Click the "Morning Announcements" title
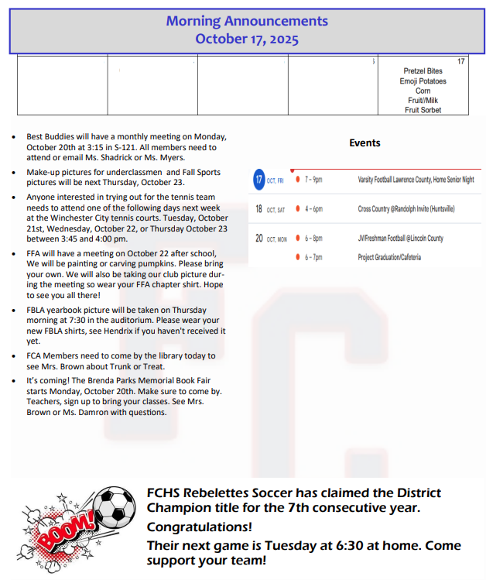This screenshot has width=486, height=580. pyautogui.click(x=246, y=22)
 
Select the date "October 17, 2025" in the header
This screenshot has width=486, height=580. pyautogui.click(x=246, y=39)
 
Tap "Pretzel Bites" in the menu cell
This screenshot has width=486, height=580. pyautogui.click(x=424, y=71)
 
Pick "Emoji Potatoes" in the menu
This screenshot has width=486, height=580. pyautogui.click(x=423, y=81)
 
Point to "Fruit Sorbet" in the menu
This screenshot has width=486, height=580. pyautogui.click(x=423, y=111)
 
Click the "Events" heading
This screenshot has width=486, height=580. pyautogui.click(x=364, y=142)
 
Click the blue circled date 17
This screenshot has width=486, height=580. pyautogui.click(x=259, y=180)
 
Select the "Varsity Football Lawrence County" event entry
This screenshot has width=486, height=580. pyautogui.click(x=416, y=180)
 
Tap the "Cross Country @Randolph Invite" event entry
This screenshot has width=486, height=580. pyautogui.click(x=406, y=209)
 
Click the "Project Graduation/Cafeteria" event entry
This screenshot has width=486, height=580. pyautogui.click(x=389, y=257)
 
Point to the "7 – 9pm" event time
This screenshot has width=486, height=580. pyautogui.click(x=313, y=180)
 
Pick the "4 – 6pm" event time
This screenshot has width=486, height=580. pyautogui.click(x=313, y=209)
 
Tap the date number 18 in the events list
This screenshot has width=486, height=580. pyautogui.click(x=259, y=209)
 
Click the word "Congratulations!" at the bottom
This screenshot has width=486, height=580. pyautogui.click(x=199, y=527)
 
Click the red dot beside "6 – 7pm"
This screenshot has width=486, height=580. pyautogui.click(x=298, y=257)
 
